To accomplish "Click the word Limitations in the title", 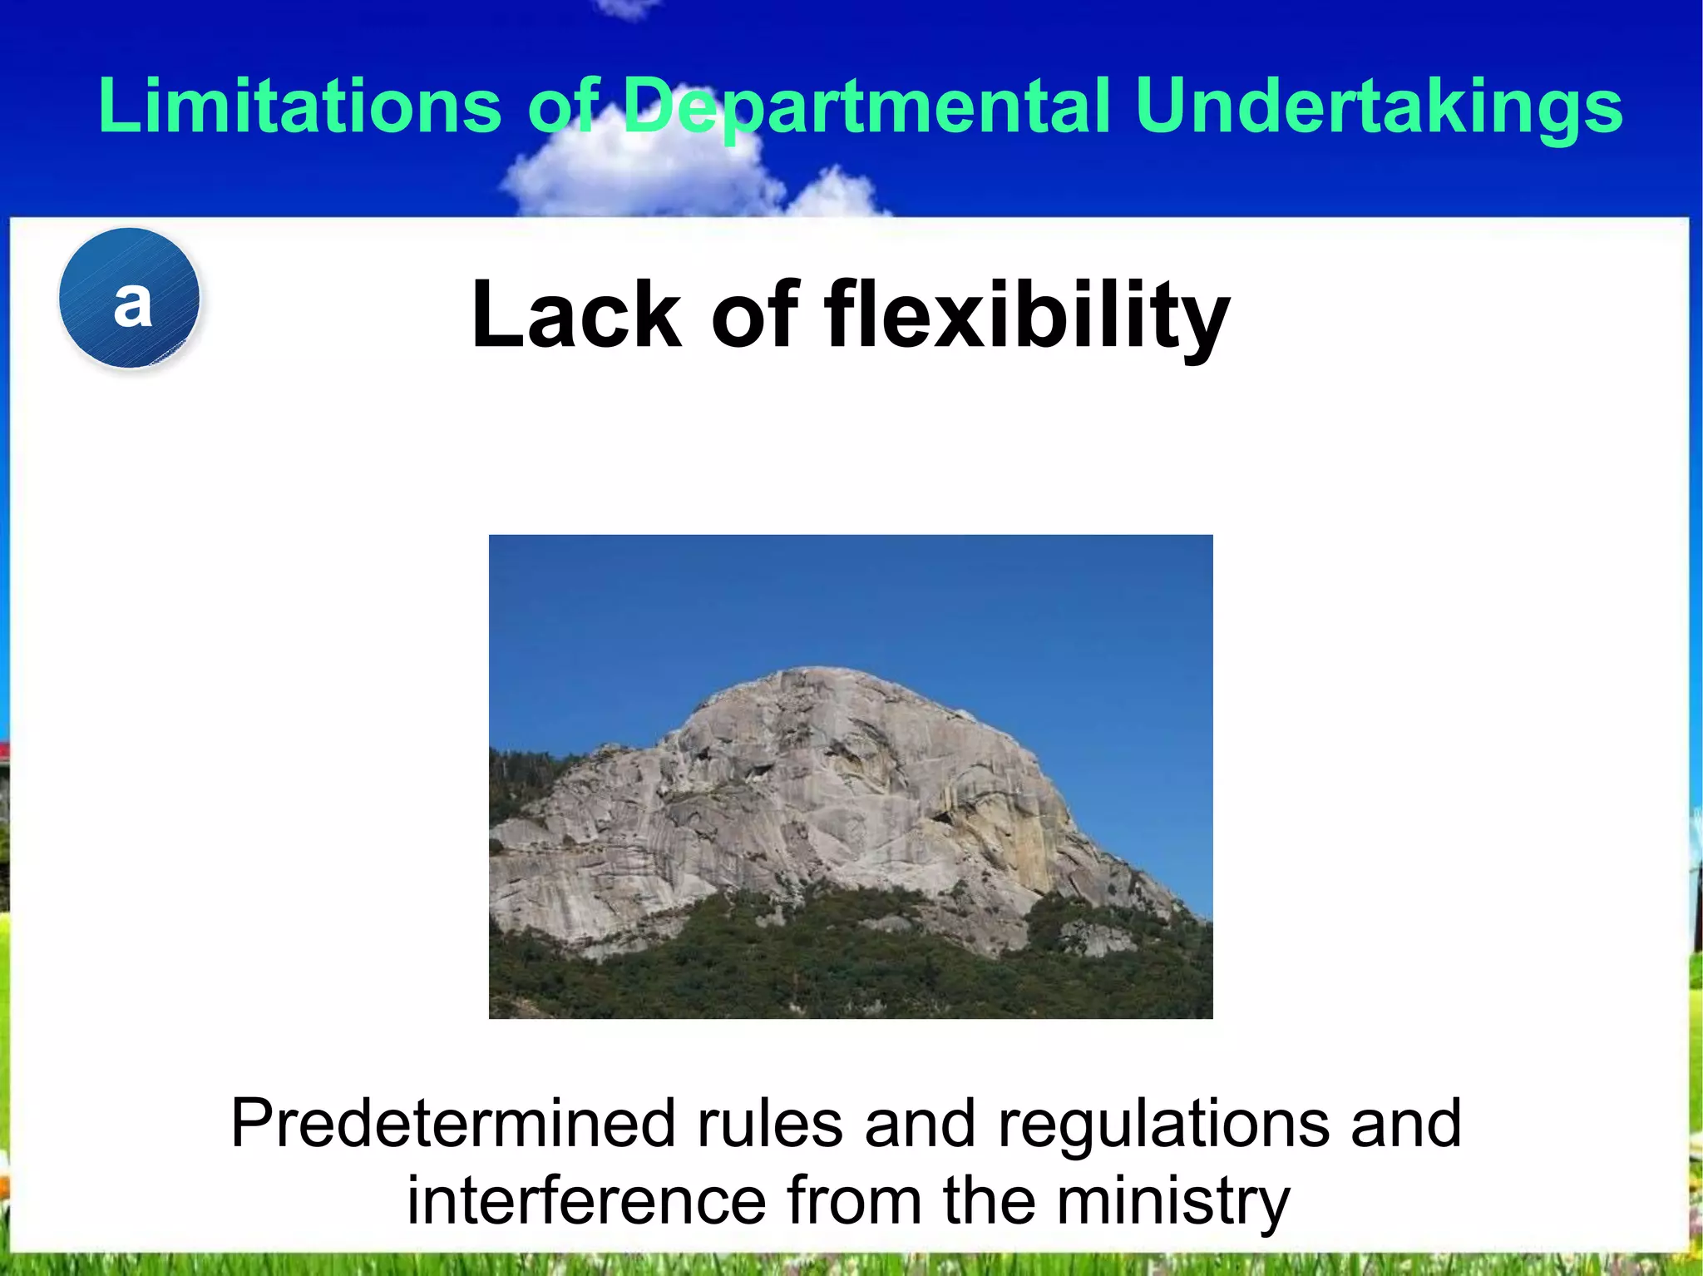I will [x=299, y=106].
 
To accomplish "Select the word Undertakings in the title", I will [x=1378, y=106].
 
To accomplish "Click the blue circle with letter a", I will [x=130, y=299].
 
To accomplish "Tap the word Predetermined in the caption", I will [x=452, y=1124].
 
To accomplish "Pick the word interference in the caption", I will [x=585, y=1201].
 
